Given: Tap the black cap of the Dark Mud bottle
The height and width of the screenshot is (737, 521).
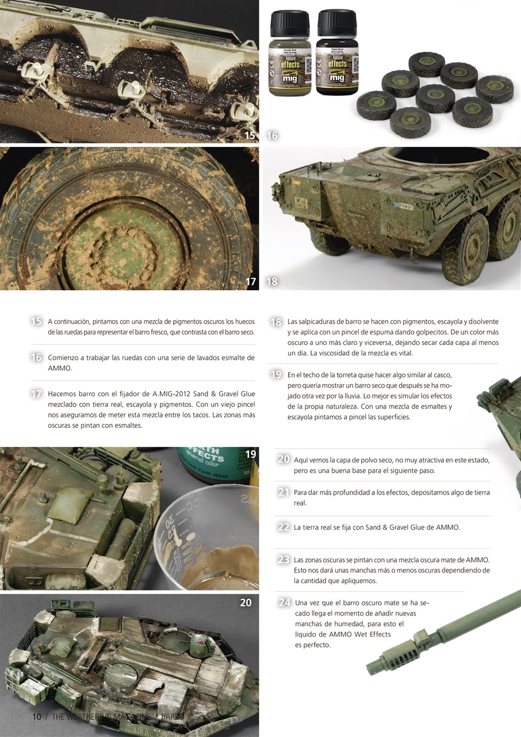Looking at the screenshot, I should [x=337, y=22].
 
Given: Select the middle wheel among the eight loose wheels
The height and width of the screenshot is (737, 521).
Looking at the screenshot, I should [x=435, y=97].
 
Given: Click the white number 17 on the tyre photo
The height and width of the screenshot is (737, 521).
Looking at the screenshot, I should [x=250, y=282].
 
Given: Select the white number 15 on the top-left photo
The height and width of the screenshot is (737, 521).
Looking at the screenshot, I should [x=249, y=136].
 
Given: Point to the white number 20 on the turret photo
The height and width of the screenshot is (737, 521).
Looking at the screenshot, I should [x=246, y=602].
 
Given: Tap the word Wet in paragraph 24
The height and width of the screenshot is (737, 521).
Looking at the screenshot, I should [x=361, y=634].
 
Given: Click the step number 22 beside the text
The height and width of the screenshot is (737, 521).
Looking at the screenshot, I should [x=283, y=527].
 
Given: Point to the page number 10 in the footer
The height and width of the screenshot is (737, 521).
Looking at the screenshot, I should [x=36, y=717].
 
